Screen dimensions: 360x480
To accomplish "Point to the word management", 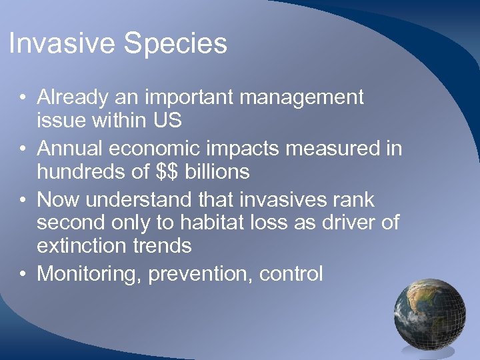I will tap(301, 98).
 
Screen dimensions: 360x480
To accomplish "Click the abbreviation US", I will tap(169, 121).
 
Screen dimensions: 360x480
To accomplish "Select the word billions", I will tap(219, 172).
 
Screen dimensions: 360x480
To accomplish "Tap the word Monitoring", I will tap(89, 274).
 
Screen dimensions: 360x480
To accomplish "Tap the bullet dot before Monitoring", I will tap(23, 274).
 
